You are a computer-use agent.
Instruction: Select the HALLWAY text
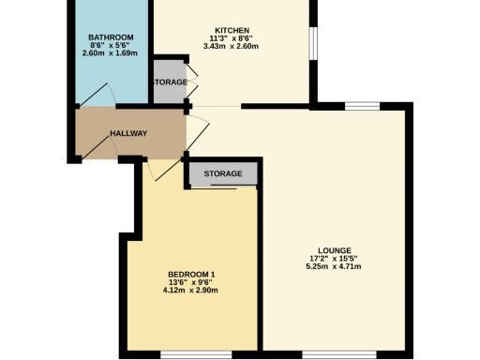[128, 133]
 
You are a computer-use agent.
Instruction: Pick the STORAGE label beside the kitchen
[170, 82]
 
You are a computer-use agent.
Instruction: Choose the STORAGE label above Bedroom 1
[223, 174]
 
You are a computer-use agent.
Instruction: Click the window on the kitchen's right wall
[313, 43]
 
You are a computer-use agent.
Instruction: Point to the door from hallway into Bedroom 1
[161, 169]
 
